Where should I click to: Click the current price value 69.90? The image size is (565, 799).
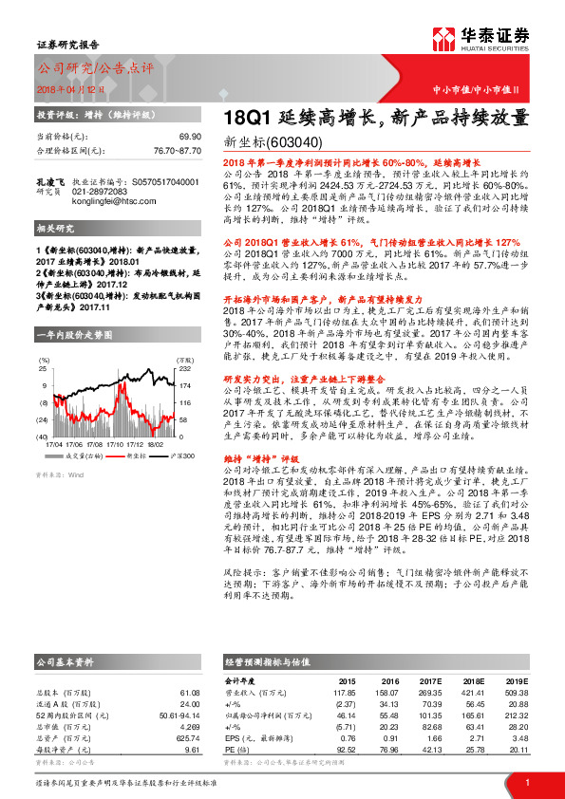point(189,138)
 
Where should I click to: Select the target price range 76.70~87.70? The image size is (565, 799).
point(177,150)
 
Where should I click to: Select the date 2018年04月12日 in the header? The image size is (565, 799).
point(70,87)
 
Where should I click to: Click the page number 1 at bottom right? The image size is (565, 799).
point(527,782)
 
